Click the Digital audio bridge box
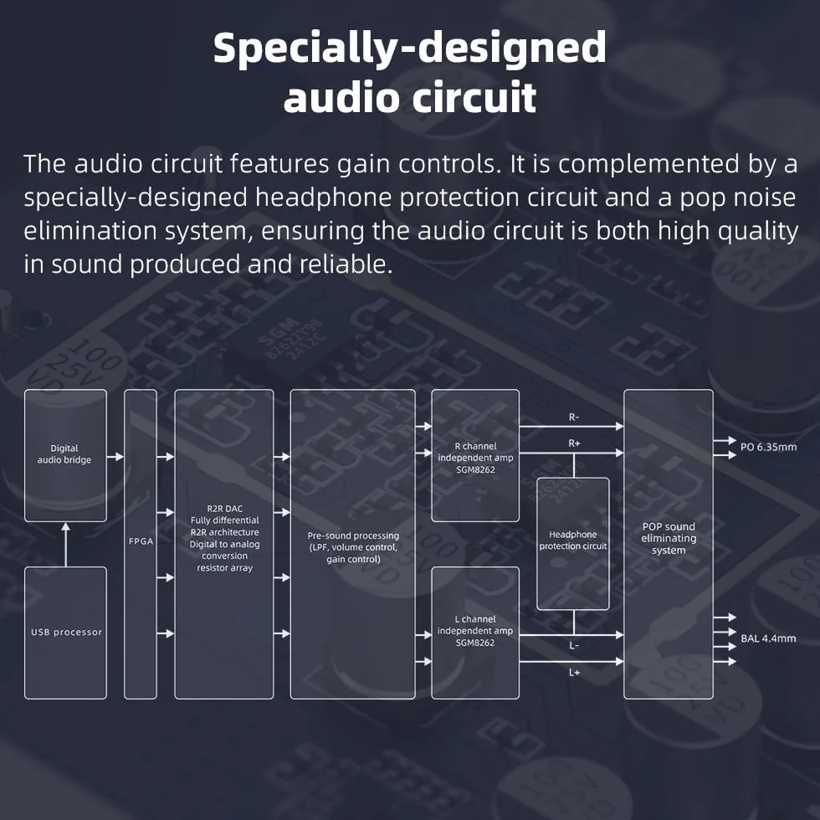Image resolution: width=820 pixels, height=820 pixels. pos(65,455)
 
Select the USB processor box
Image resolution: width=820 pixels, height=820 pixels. pos(65,633)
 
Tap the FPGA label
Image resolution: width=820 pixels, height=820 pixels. pos(141,541)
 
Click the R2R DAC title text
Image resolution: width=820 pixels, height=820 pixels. pos(225,509)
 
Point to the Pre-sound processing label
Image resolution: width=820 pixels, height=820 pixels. pos(353,536)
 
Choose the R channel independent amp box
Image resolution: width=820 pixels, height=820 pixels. pos(475,455)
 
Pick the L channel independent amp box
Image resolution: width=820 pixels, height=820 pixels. pos(475,633)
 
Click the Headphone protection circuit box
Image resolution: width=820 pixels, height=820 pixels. pos(573,544)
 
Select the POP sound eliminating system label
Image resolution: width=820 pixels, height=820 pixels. pos(669,538)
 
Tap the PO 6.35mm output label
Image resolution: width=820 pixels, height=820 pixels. pos(768,447)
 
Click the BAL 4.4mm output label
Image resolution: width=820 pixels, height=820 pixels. pos(768,638)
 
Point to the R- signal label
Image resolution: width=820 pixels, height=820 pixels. pos(574,418)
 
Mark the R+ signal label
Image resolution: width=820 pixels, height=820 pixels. pos(574,443)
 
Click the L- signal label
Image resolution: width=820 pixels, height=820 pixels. pos(574,646)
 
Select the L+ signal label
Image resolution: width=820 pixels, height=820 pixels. pos(574,673)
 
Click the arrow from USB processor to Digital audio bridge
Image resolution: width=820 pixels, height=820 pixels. pos(65,545)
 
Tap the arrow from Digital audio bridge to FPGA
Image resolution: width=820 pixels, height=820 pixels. pos(115,457)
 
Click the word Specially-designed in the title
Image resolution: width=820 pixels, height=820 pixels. pos(410,49)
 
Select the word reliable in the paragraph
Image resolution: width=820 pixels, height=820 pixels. pos(345,264)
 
